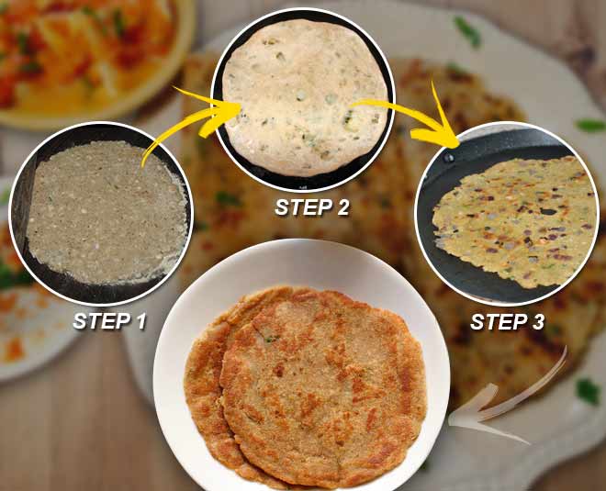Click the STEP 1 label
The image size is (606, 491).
click(111, 322)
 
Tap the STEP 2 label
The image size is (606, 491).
click(312, 207)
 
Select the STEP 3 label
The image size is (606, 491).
click(507, 322)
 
